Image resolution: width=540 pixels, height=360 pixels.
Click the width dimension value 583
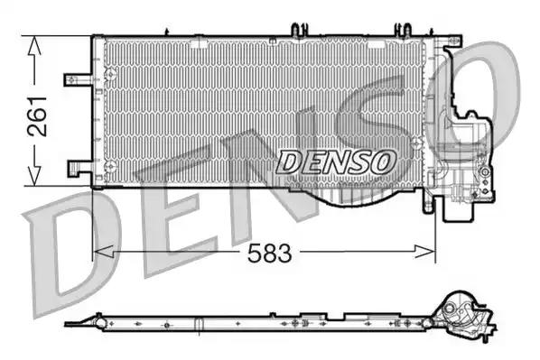[271, 254]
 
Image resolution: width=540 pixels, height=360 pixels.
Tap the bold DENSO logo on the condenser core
[336, 162]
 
